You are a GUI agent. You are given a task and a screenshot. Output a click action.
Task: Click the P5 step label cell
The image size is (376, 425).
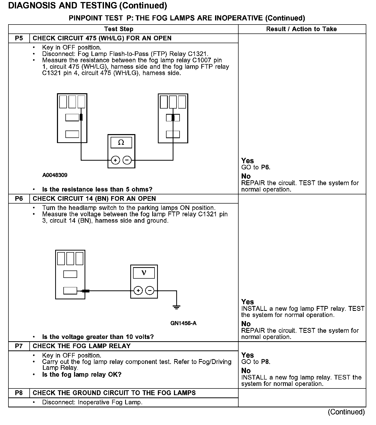[19, 38]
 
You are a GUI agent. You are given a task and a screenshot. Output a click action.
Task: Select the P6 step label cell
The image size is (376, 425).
[19, 199]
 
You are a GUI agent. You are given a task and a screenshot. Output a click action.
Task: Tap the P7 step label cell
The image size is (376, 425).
[19, 346]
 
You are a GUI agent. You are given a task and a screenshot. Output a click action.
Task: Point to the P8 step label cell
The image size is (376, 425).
[19, 393]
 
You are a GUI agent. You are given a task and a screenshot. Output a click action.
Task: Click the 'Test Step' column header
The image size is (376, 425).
[119, 29]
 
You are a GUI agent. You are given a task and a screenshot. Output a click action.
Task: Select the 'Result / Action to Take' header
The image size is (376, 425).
[301, 29]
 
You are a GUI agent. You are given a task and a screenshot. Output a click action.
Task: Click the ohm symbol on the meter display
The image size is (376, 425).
[121, 143]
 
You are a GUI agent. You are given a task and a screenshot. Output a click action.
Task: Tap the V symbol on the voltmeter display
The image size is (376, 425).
[144, 273]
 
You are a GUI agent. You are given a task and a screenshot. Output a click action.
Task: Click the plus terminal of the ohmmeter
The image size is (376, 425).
[115, 160]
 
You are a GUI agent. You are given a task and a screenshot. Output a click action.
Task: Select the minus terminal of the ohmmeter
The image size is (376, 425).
[127, 160]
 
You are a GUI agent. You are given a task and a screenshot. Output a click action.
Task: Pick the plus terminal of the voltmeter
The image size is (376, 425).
[138, 291]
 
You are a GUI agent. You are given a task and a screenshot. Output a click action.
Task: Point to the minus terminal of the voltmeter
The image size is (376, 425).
[150, 291]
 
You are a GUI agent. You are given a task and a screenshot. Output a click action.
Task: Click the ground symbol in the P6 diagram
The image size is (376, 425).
[177, 307]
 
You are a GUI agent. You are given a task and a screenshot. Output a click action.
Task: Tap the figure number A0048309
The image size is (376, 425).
[55, 175]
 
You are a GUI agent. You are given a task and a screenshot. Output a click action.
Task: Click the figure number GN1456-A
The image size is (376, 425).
[183, 323]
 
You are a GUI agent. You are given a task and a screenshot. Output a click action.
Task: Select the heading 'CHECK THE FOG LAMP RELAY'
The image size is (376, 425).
[82, 346]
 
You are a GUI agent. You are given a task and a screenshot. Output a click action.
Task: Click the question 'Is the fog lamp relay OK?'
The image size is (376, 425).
[82, 375]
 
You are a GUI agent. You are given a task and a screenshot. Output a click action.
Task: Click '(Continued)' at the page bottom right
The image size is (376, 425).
[346, 412]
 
